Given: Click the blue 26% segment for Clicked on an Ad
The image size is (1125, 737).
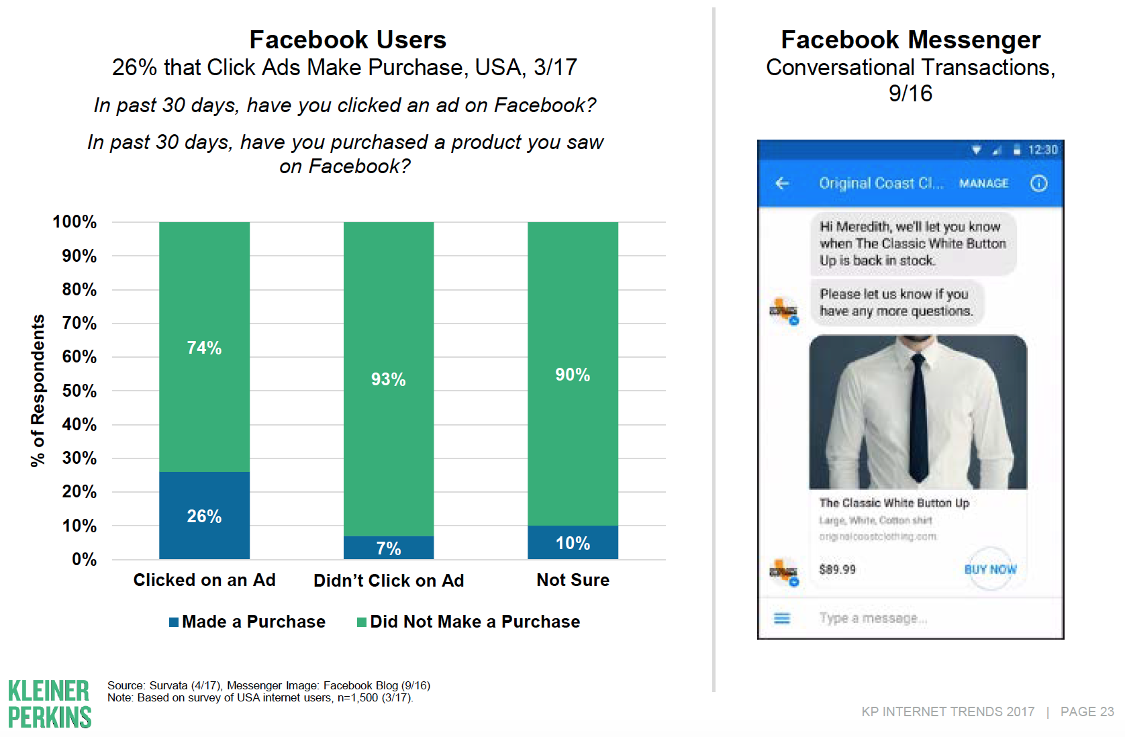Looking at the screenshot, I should tap(204, 515).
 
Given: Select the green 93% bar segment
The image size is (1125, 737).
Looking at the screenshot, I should tap(388, 379).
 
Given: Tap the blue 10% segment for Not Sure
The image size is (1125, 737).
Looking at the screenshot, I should tap(573, 542).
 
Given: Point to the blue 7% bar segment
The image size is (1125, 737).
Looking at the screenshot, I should tap(388, 548).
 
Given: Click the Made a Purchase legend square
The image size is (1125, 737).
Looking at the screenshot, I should tap(174, 622).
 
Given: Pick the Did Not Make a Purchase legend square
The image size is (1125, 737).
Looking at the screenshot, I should tap(362, 622).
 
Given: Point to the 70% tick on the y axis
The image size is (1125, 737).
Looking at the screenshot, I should tap(79, 324).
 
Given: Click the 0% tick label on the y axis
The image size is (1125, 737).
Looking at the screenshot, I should tap(84, 559).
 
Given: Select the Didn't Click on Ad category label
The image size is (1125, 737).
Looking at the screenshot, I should tap(389, 581).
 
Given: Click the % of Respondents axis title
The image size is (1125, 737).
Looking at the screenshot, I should tap(38, 390).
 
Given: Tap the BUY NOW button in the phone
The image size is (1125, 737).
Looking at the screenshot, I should tap(990, 569).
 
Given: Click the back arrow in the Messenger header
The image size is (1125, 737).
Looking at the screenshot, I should tap(782, 183).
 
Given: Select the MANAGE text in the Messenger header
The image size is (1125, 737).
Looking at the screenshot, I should tap(983, 183).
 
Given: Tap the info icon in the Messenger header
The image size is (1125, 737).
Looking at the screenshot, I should tap(1038, 183).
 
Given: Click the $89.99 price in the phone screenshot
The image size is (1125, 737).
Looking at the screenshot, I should tap(837, 569).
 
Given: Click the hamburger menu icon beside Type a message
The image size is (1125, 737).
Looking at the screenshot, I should tap(782, 618).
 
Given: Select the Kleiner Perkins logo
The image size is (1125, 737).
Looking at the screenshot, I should tap(50, 703).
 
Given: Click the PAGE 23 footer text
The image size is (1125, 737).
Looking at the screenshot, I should tap(1087, 711).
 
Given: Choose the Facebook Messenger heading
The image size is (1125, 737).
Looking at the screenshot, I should tap(910, 40).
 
